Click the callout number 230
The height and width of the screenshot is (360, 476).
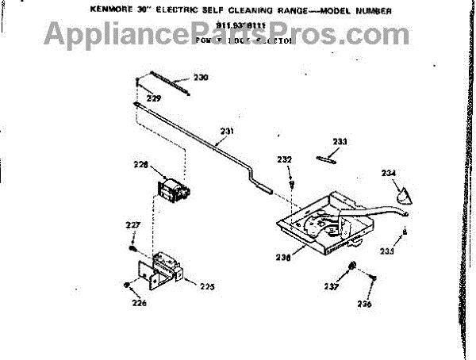click(x=201, y=78)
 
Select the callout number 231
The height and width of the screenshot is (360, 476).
click(x=227, y=131)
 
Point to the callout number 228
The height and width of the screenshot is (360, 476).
click(x=140, y=166)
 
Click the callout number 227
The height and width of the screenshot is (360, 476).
click(x=132, y=225)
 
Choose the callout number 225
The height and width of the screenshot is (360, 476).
click(x=207, y=285)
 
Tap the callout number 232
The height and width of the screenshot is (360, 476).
click(x=285, y=159)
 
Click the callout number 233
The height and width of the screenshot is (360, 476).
click(x=340, y=142)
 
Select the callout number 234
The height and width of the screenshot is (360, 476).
click(x=389, y=173)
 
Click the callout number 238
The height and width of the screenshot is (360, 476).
click(x=282, y=257)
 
